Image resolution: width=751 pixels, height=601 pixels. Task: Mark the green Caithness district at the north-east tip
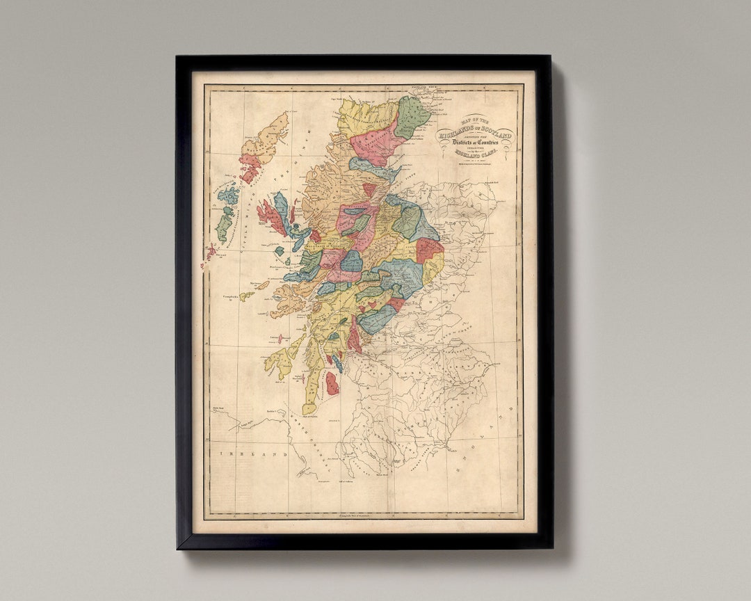point(412,115)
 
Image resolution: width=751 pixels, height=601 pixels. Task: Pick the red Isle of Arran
point(332,383)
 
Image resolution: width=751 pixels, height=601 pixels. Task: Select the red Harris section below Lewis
point(249,167)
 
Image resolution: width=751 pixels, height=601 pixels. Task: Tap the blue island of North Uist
point(228,195)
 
